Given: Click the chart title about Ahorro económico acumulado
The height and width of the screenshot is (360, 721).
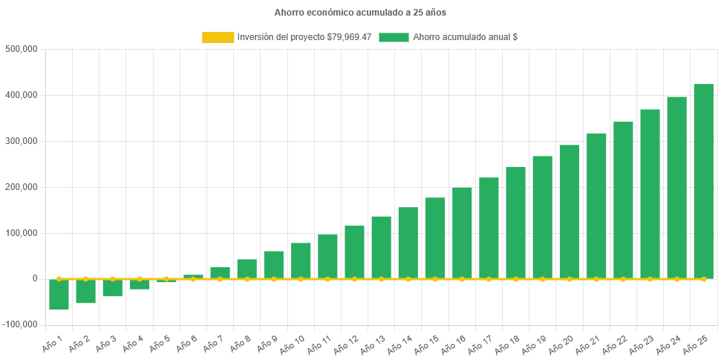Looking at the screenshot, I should pos(360,13).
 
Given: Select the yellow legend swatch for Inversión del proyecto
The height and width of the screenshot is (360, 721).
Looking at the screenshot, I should pos(218,37).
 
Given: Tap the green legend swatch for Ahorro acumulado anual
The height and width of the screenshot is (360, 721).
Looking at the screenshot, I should pos(394,37).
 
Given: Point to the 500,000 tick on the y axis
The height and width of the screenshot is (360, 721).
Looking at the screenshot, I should pos(21,49).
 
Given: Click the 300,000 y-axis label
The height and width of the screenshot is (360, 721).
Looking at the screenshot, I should pos(21,141).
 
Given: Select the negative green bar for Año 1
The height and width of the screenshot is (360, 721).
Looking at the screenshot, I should pos(59,295).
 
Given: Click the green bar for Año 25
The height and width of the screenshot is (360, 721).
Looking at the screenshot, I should pos(703,181).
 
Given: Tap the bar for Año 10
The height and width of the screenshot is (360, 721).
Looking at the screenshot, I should pos(301,261).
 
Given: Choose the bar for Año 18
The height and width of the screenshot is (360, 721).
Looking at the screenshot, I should pos(515,223).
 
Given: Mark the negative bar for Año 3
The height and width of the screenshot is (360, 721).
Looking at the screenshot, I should pos(113,288).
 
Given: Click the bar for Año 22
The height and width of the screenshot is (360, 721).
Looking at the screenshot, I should pos(623,200).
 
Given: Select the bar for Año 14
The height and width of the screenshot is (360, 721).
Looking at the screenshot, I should pos(408,243).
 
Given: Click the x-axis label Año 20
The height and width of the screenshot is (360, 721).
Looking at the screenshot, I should pos(563,344).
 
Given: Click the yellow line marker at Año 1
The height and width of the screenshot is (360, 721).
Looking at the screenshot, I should pos(59,279).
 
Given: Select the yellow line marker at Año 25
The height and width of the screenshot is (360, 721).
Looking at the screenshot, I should pos(703,279).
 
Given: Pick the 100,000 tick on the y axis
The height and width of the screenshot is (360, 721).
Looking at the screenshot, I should pos(21,233).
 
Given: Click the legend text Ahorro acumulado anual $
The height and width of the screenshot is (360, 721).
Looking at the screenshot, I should pos(465,37).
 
